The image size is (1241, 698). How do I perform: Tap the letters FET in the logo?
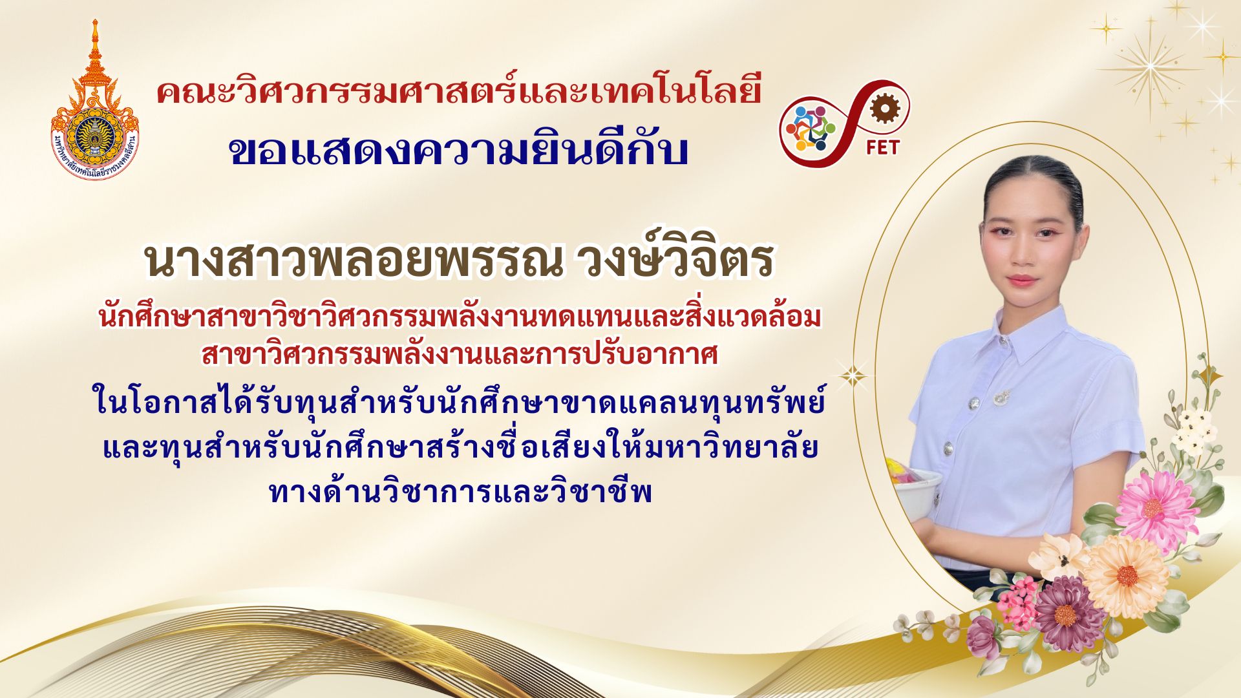(882, 147)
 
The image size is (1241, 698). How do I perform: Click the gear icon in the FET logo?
(880, 109)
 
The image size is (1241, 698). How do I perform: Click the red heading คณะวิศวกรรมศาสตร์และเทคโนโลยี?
(459, 92)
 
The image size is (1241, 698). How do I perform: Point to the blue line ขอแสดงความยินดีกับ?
(459, 150)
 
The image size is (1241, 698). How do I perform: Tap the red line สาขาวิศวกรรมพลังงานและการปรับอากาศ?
(460, 354)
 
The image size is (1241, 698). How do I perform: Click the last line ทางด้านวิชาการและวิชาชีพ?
(460, 493)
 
